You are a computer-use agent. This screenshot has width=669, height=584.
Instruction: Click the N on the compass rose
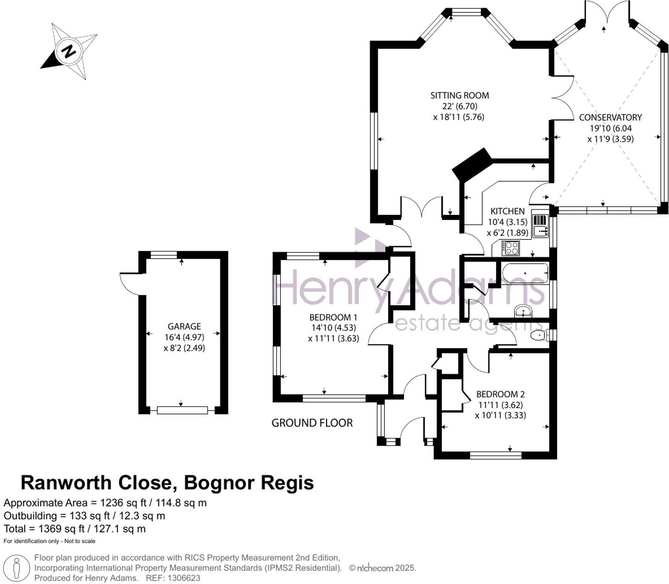(x=68, y=51)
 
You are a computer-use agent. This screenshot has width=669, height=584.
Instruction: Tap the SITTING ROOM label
(x=459, y=96)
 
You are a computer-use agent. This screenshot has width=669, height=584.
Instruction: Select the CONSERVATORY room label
(x=610, y=118)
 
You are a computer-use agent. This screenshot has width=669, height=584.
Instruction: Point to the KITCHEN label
(x=507, y=211)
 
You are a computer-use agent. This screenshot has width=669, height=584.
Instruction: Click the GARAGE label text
(x=184, y=326)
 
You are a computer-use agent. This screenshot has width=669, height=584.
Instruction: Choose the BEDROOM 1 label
(x=333, y=317)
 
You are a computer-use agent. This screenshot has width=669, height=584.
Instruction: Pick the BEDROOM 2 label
(x=500, y=394)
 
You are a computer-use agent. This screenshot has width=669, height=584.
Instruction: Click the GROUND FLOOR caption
(x=312, y=423)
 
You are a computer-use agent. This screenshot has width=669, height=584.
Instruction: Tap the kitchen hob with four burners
(x=510, y=248)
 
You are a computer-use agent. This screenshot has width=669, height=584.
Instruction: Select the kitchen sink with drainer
(x=540, y=226)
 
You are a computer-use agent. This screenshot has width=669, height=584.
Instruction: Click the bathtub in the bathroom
(x=525, y=273)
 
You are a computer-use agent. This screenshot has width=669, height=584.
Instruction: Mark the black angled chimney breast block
(x=472, y=164)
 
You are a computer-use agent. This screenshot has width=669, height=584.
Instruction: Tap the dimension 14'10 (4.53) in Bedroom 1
(x=333, y=327)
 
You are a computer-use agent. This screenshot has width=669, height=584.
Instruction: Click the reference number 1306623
(x=184, y=578)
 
